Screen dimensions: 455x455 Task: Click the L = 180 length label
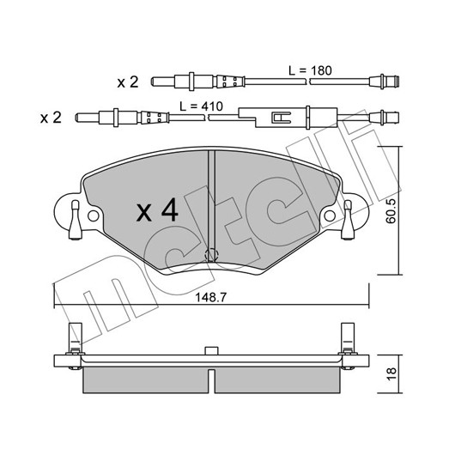[310, 70]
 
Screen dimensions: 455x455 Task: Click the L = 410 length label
[201, 106]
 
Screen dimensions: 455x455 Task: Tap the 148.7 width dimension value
[211, 297]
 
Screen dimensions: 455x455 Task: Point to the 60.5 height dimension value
[391, 211]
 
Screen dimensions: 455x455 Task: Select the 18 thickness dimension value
[391, 373]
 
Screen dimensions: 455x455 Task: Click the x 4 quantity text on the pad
[157, 209]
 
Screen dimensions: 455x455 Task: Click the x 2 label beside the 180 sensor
[128, 82]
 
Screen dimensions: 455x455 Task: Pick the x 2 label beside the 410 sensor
[51, 118]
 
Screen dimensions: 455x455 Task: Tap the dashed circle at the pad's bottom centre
[211, 255]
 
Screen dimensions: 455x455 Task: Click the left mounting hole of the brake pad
[94, 215]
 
